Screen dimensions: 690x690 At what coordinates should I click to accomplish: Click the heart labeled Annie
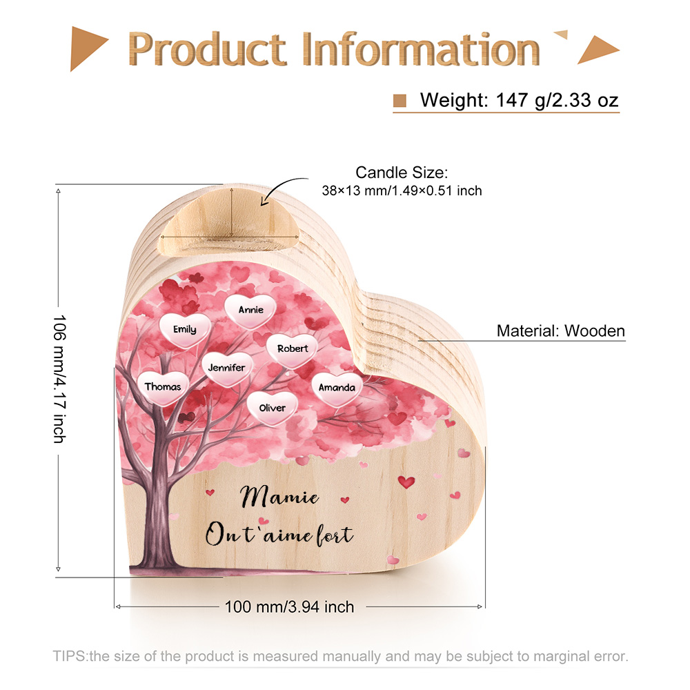tap(250, 311)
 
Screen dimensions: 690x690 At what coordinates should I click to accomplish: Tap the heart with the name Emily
tap(185, 330)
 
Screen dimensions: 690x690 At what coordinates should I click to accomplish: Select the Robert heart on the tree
tap(292, 350)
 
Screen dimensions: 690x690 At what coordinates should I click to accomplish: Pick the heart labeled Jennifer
tap(226, 368)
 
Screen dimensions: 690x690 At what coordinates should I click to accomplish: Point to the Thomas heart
tap(163, 388)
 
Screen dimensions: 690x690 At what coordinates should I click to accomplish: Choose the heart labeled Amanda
tap(337, 388)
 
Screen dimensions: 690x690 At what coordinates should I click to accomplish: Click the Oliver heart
tap(273, 408)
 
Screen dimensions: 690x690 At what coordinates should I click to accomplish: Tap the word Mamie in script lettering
tap(279, 496)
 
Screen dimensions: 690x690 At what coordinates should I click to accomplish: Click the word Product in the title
tap(207, 49)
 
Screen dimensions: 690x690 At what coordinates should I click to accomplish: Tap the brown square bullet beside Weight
tap(400, 100)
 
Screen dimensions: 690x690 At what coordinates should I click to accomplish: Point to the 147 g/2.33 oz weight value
tap(557, 100)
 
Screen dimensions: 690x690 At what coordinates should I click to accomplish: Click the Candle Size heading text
tap(402, 172)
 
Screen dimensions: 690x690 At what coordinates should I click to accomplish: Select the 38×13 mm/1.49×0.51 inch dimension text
tap(402, 191)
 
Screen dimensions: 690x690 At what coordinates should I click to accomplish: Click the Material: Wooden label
tap(560, 331)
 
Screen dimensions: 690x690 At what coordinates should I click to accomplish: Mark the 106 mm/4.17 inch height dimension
tap(59, 379)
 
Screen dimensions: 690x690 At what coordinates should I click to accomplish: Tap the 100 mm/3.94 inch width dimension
tap(289, 607)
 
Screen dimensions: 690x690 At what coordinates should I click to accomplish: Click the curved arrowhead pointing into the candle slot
tap(264, 201)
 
